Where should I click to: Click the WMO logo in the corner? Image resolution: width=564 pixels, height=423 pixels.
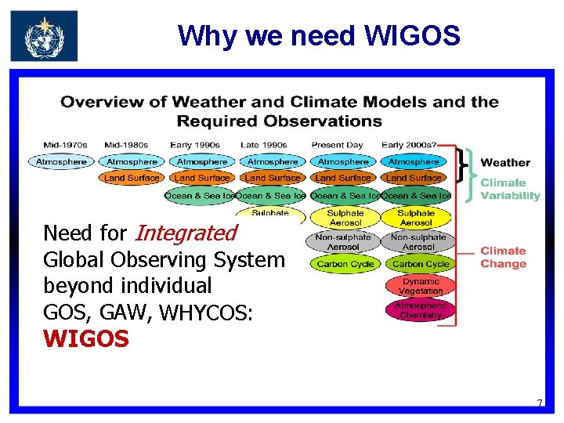pos(44,36)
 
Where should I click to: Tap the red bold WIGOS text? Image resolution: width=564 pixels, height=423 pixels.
pos(86,339)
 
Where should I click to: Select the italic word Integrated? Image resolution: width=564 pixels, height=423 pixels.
pos(186,233)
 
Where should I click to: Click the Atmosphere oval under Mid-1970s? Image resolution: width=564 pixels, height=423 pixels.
pos(61,162)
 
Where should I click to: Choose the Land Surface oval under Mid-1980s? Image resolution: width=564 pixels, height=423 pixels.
pos(132,179)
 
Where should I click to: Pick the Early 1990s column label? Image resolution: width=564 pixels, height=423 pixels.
pos(195,145)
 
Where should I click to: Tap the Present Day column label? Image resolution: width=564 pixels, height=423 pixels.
pos(337,145)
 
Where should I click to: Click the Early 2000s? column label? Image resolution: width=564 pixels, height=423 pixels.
pos(409,145)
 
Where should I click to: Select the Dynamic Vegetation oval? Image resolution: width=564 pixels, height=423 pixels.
pos(420,286)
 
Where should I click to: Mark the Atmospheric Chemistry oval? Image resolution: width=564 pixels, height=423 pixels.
pos(420,310)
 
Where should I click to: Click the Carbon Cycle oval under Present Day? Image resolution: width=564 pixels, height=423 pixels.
pos(345,264)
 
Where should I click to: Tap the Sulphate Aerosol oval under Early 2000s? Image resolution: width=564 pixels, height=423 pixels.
pos(416,218)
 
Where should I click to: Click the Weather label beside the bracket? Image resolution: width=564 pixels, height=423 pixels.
pos(505,163)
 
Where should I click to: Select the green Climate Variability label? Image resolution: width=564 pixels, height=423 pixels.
pos(510,189)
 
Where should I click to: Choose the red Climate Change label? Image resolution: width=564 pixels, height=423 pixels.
pos(503,257)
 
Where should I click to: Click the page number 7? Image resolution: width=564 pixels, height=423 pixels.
pos(539,403)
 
